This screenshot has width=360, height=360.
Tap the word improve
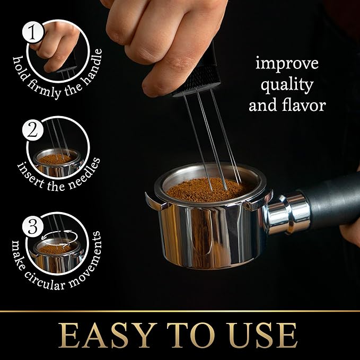pyautogui.click(x=287, y=64)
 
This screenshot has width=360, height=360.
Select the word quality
pyautogui.click(x=287, y=85)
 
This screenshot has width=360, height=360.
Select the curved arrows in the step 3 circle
pyautogui.click(x=56, y=239)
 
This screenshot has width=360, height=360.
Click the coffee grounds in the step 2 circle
pyautogui.click(x=56, y=158)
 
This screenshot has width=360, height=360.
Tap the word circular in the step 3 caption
pyautogui.click(x=58, y=271)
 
